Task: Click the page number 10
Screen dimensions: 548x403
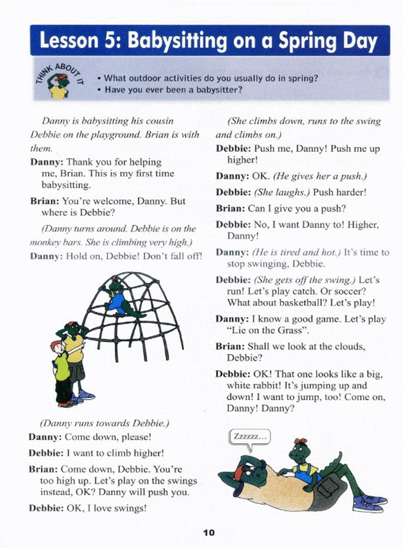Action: click(x=209, y=533)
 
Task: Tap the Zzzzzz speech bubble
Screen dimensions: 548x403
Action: click(x=250, y=437)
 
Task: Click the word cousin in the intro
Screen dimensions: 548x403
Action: click(x=159, y=121)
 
